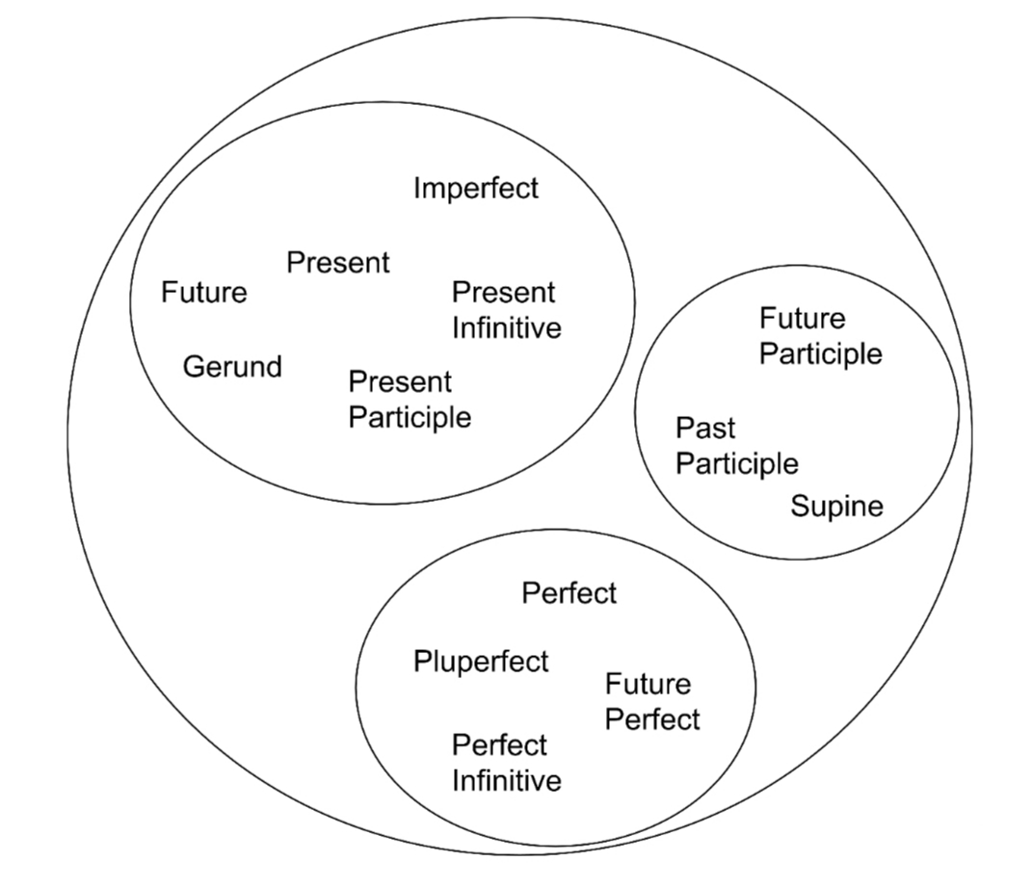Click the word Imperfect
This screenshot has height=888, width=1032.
[476, 188]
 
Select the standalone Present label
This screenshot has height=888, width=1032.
[338, 262]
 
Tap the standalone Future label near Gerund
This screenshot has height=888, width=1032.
[203, 292]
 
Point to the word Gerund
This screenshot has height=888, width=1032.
[232, 367]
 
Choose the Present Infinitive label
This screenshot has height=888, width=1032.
[506, 310]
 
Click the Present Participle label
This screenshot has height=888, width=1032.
[410, 400]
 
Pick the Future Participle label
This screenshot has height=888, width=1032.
[820, 336]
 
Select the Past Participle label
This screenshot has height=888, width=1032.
[736, 446]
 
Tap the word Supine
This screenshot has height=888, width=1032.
[836, 506]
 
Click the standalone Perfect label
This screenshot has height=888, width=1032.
[569, 593]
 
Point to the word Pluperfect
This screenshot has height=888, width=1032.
[481, 662]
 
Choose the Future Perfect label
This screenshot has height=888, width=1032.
[652, 702]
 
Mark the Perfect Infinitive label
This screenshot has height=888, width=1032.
[506, 763]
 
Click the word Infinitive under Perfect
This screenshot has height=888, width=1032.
[506, 780]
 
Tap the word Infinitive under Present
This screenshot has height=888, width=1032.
[506, 327]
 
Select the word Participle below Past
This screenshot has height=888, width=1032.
[736, 464]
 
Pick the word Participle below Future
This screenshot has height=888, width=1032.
[820, 353]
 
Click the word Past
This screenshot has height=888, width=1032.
[704, 428]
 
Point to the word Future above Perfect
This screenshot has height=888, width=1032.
[648, 684]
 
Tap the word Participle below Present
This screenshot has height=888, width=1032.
[410, 418]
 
